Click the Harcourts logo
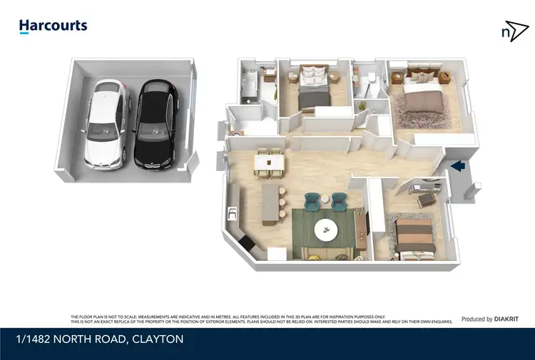tap(53, 26)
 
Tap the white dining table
tap(270, 164)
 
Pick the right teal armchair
tap(339, 201)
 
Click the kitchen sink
tap(232, 212)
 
